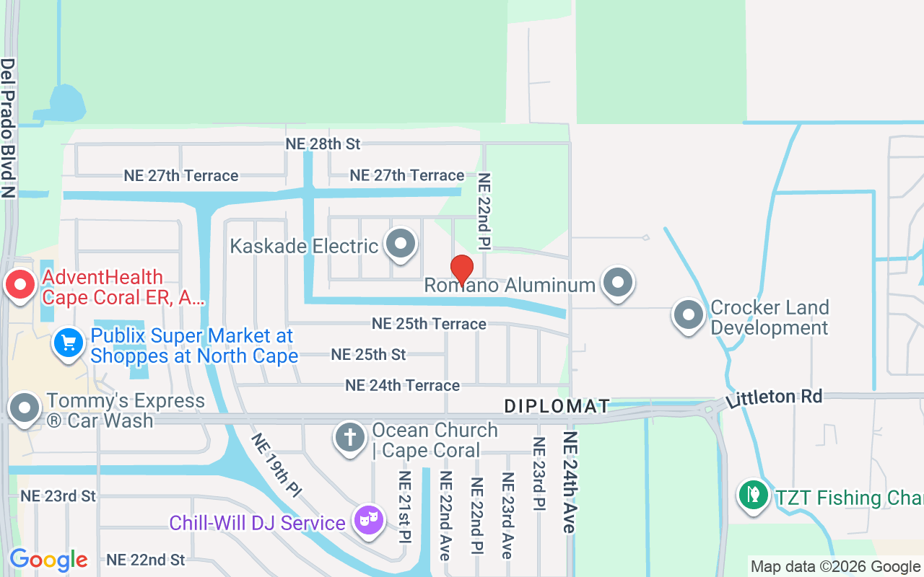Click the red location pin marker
462,270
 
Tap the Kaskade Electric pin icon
401,244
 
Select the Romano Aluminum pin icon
618,283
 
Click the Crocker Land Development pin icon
688,315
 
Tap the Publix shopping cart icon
69,343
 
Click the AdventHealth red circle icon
20,285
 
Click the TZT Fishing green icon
754,495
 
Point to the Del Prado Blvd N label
8,128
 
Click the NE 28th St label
323,144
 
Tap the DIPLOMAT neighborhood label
557,406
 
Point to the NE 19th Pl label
276,464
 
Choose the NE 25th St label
368,354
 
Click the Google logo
48,560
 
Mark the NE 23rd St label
58,495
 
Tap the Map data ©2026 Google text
835,567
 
